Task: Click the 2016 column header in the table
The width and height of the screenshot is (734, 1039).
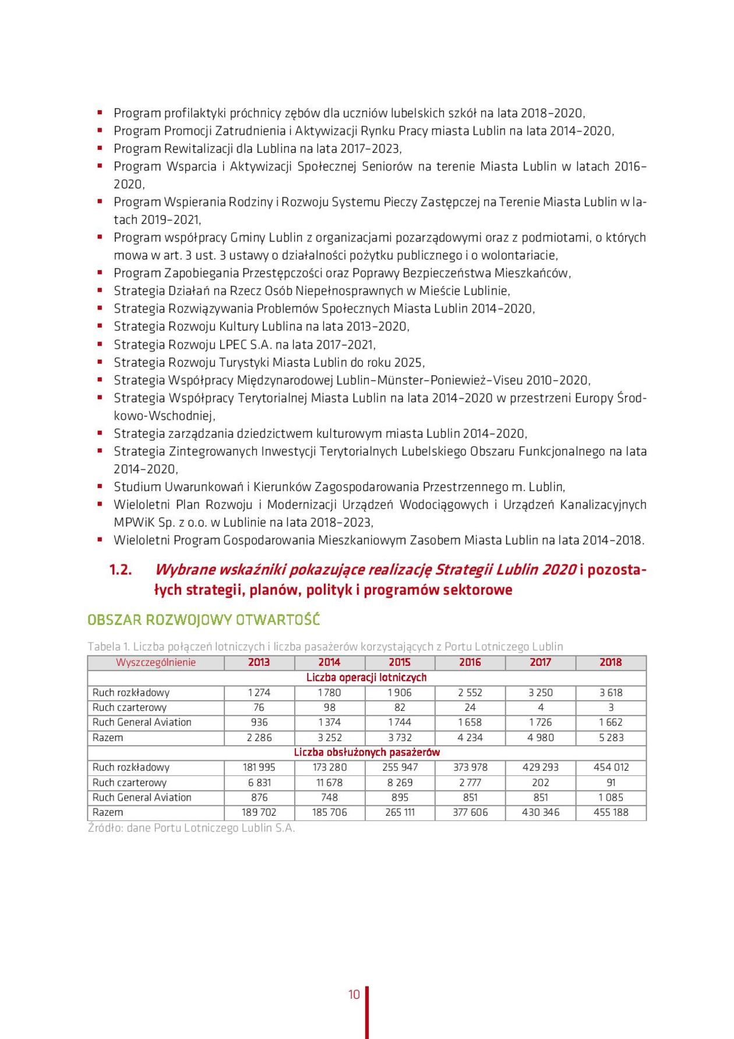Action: tap(470, 662)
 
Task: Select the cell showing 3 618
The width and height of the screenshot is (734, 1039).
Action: tap(611, 693)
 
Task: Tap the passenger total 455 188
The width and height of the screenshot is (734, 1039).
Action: tap(611, 812)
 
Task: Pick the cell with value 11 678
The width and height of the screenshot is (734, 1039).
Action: tap(329, 782)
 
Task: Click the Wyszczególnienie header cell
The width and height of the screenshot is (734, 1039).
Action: tap(156, 662)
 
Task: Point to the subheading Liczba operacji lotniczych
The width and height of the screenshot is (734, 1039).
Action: tap(366, 678)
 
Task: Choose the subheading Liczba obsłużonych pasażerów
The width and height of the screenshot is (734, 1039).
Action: tap(366, 752)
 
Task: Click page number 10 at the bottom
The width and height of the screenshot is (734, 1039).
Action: tap(354, 995)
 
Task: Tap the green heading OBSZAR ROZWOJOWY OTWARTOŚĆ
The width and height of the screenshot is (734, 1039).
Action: tap(203, 619)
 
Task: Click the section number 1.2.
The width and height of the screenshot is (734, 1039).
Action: tap(121, 570)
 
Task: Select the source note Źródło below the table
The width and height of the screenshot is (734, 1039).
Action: tap(191, 828)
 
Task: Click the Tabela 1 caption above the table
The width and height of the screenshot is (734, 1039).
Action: tap(325, 647)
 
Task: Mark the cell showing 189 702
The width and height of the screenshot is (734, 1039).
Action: tap(259, 812)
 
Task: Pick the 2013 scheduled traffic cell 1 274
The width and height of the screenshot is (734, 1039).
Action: tap(259, 693)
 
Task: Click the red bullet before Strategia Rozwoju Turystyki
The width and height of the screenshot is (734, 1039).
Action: tap(100, 362)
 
